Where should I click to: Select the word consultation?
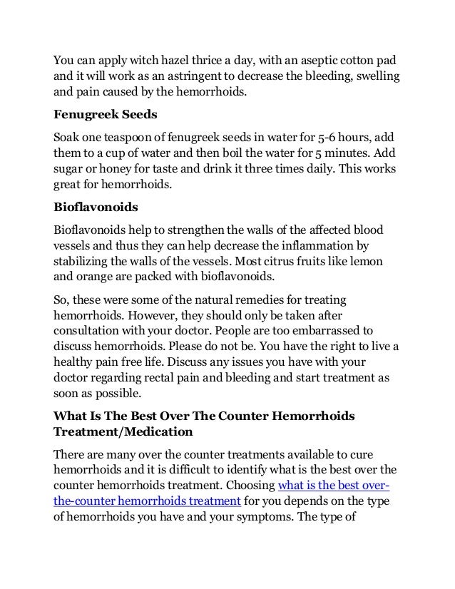click(90, 331)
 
